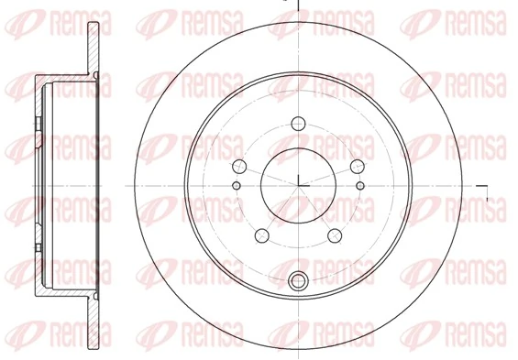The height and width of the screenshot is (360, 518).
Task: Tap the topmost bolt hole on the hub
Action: tap(299, 121)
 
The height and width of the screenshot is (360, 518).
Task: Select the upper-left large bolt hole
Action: tap(239, 166)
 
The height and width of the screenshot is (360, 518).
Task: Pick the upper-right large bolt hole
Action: tap(358, 166)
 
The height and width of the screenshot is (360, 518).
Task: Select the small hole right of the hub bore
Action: tap(360, 186)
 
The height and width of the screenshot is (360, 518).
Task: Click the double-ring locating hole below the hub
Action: tap(298, 280)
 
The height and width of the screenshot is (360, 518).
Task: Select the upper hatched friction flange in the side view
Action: tap(94, 46)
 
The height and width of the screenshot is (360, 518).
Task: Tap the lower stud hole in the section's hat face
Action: tap(38, 243)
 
